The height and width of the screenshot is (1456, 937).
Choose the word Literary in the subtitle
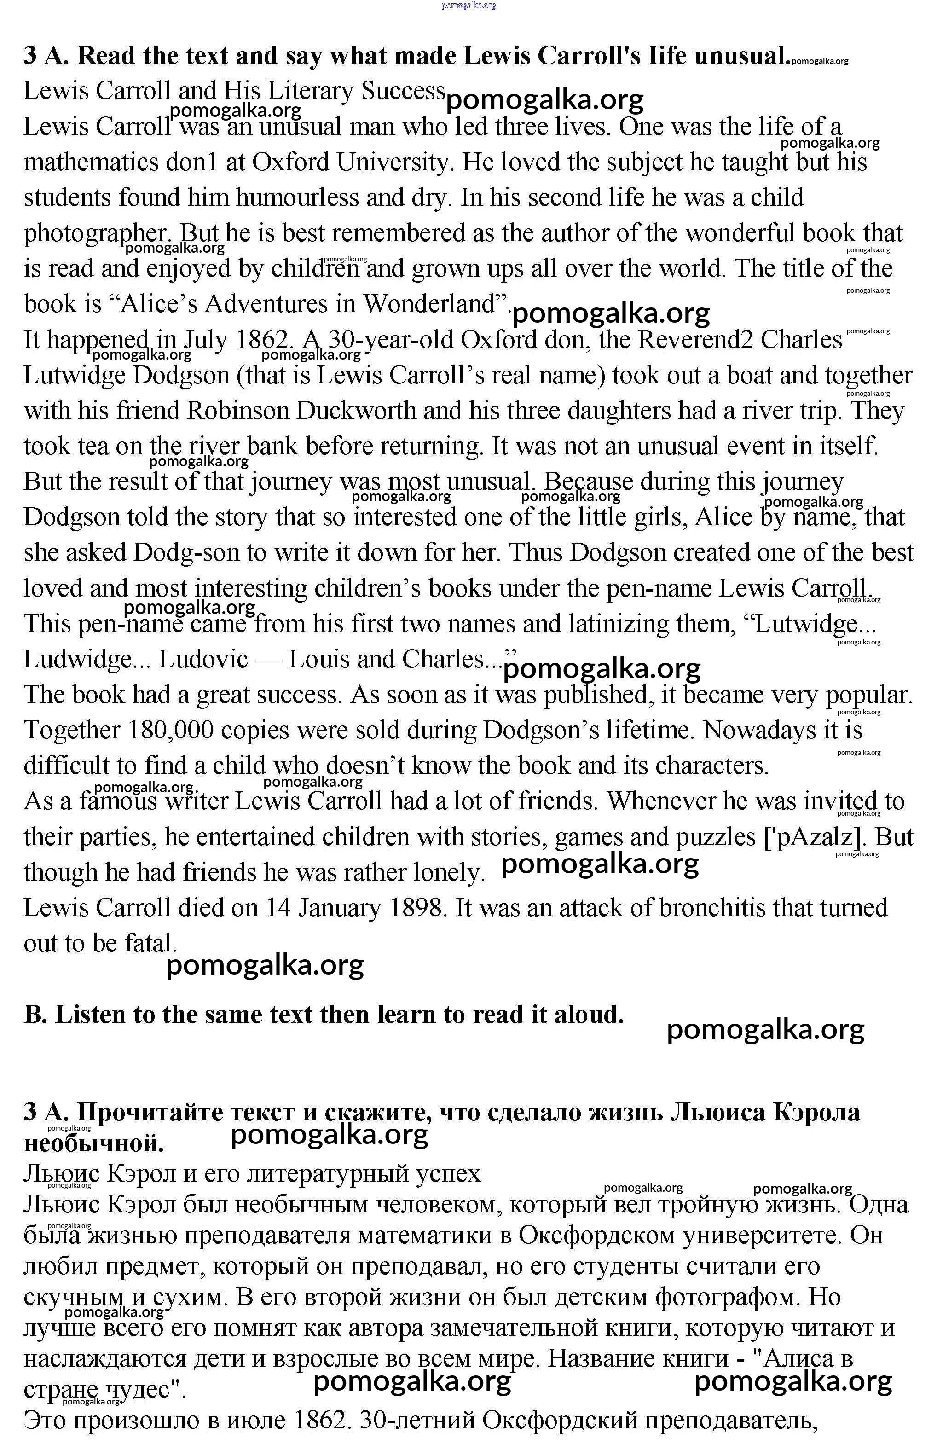point(312,91)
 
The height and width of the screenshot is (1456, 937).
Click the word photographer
point(96,234)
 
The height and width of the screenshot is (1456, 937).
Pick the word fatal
point(150,944)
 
